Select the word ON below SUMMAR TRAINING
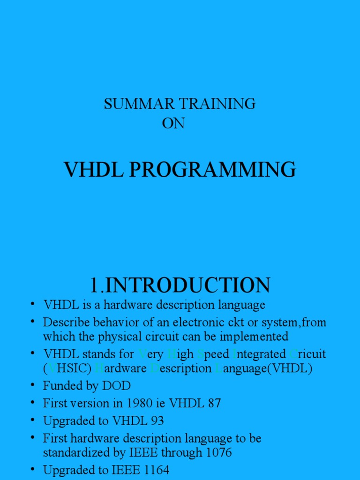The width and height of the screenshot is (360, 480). (x=173, y=123)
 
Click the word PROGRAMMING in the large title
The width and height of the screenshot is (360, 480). (x=213, y=170)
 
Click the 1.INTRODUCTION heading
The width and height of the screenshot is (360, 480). (x=180, y=285)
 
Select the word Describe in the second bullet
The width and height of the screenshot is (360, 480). (x=65, y=322)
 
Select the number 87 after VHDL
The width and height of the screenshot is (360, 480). (x=214, y=403)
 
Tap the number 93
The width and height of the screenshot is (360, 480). (x=157, y=421)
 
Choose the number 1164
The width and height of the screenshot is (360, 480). (x=155, y=470)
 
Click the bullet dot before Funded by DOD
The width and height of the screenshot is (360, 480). (x=33, y=385)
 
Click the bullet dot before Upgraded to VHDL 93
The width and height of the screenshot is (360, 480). (x=33, y=420)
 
